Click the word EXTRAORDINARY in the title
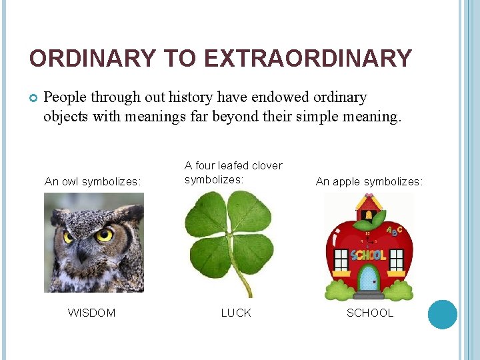pos(308,59)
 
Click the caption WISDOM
pos(91,313)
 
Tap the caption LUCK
pos(236,313)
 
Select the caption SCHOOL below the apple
pos(370,313)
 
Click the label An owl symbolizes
pos(92,181)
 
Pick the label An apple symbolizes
pos(369,181)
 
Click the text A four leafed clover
pos(233,165)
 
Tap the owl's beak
pos(83,251)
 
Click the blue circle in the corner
pos(442,314)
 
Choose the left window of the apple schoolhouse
pos(341,258)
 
